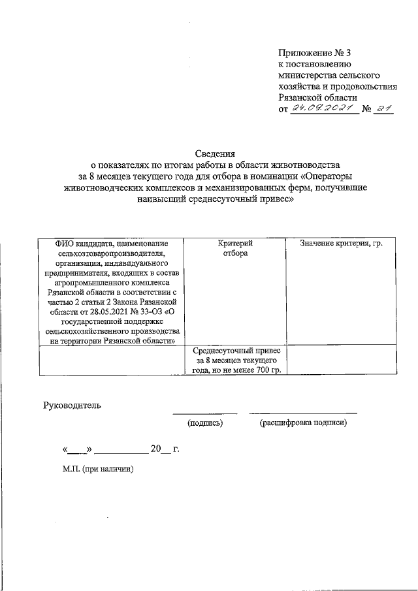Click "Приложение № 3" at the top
310,52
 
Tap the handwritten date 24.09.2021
323,108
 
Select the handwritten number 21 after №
383,108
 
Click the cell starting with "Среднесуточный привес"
236,360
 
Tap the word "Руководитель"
72,406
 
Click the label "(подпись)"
205,423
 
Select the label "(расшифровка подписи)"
303,423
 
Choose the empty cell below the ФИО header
112,360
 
